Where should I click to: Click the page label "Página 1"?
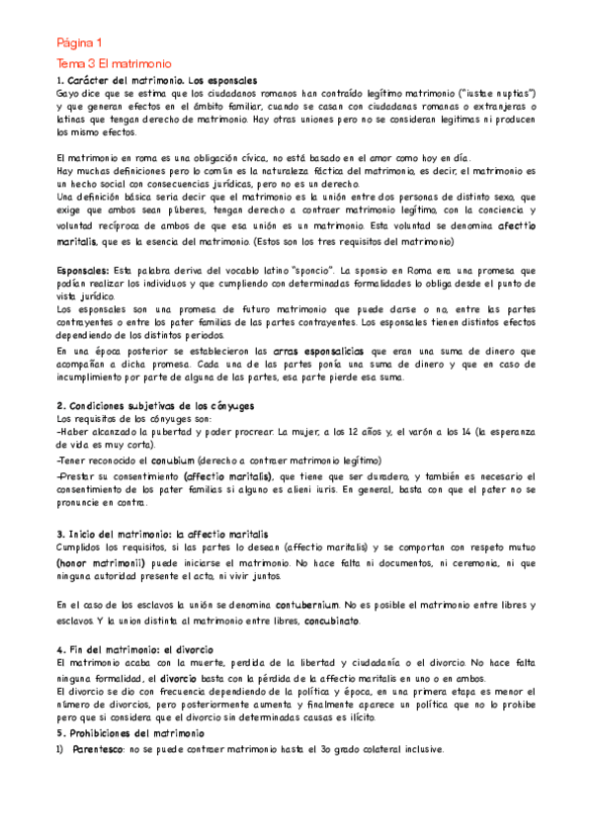point(78,42)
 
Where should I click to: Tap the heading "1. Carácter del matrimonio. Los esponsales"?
point(157,80)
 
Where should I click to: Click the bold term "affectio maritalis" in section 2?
point(228,476)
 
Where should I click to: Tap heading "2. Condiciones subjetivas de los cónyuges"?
point(155,405)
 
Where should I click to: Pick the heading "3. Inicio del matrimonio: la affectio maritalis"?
point(162,534)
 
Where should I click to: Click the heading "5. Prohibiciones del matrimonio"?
point(130,734)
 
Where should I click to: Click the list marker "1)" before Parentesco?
point(60,750)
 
